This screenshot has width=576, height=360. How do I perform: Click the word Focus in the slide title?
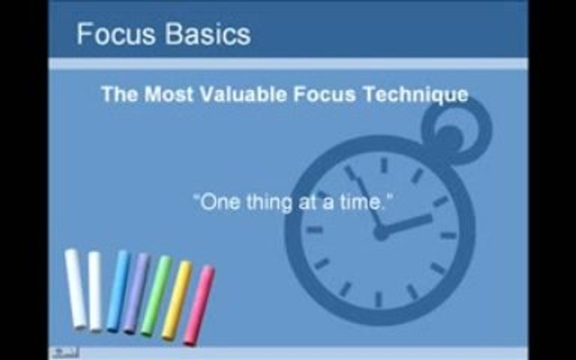pos(116,34)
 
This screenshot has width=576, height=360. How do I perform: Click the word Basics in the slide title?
pos(208,34)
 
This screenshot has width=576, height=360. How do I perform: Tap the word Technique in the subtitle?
pos(416,95)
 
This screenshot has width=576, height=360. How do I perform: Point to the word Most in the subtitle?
pos(168,94)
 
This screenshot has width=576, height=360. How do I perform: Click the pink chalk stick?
pos(198,305)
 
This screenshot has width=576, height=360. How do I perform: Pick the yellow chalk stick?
pos(177,300)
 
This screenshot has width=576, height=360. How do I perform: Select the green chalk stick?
pos(156,295)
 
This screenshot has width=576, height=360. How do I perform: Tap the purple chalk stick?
pos(136,293)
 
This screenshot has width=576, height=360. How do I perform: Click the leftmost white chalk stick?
pos(75,288)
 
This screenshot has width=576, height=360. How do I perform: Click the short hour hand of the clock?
pos(406,223)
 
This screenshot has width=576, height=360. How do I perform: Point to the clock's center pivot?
pos(380,232)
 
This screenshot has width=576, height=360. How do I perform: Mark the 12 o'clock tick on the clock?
pos(384,165)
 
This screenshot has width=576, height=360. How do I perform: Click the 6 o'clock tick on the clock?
pos(378,299)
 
